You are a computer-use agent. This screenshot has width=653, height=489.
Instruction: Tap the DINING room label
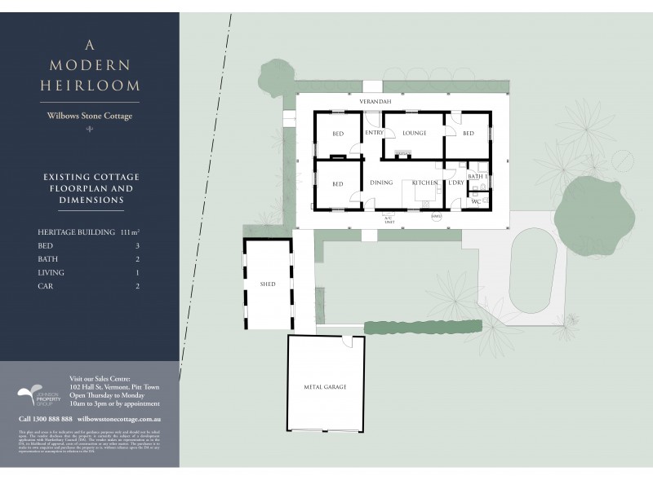click(381, 183)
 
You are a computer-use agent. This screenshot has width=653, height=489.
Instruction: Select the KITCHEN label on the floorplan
click(424, 183)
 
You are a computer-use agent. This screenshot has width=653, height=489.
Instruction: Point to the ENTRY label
click(374, 133)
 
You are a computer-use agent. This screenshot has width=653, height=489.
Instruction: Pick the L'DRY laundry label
click(455, 183)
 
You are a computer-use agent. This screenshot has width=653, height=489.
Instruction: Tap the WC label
click(474, 200)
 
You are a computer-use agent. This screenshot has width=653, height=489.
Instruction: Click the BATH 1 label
click(477, 176)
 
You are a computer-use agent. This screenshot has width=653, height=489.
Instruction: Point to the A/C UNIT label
click(389, 219)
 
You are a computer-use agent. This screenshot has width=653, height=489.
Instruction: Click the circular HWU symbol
click(436, 216)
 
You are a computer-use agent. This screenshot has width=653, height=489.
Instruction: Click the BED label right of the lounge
click(468, 133)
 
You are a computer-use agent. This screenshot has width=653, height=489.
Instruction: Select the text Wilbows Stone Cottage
click(90, 116)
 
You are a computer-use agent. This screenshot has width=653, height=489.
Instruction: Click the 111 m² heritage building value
click(135, 231)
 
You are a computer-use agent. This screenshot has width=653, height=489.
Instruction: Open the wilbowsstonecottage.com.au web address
click(122, 418)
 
